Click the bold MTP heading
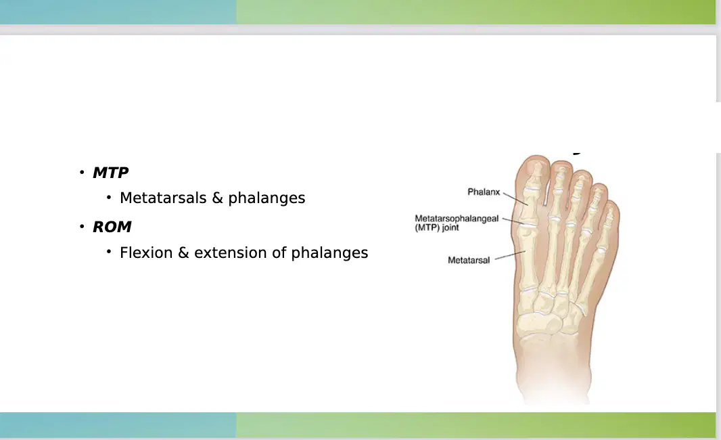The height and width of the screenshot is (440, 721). coord(110,173)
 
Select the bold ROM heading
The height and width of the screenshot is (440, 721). coord(112,227)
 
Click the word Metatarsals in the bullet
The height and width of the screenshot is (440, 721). coord(163,198)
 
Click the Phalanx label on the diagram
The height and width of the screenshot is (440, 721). coord(484,192)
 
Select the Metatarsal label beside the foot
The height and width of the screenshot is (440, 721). coord(469,260)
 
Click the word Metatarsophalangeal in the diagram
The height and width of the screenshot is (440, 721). coord(457,219)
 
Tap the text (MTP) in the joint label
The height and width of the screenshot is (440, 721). coord(427,227)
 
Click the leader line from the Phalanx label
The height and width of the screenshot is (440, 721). coord(515,199)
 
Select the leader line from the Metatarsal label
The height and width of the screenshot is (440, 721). coord(510,255)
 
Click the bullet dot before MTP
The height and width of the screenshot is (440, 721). coord(82,173)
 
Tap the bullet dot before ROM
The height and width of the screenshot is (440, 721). coord(82,227)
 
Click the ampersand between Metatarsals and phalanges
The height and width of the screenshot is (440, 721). coord(217,198)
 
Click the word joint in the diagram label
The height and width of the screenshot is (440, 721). coord(450,227)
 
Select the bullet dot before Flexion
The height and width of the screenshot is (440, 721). coord(109,251)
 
